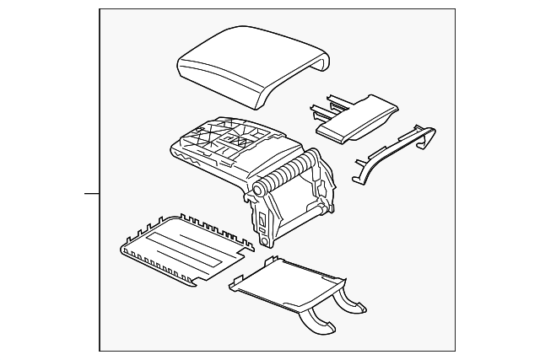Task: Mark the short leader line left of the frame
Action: coord(91,193)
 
